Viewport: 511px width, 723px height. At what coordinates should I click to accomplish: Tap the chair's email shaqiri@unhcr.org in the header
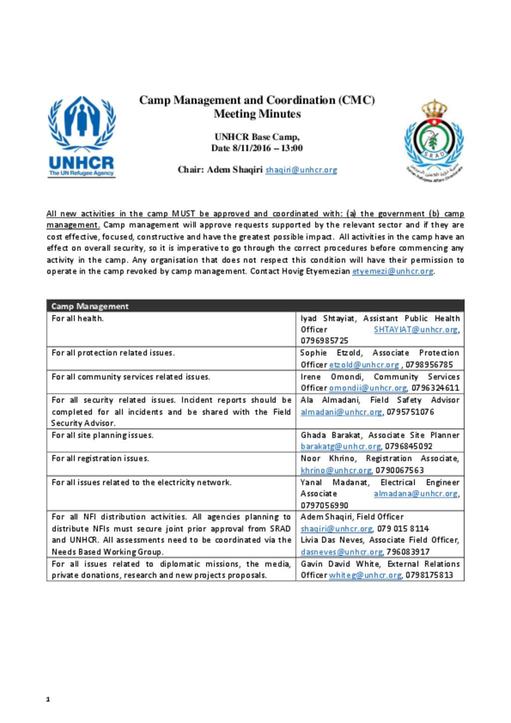click(x=301, y=170)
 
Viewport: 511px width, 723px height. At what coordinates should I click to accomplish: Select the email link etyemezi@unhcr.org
click(x=392, y=271)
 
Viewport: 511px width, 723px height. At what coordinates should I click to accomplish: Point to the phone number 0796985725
click(x=324, y=341)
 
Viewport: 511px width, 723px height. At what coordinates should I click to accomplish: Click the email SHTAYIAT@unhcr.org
click(x=416, y=329)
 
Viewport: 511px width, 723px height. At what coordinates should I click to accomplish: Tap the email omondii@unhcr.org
click(x=368, y=388)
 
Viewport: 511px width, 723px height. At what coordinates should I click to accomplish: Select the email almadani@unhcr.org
click(x=341, y=412)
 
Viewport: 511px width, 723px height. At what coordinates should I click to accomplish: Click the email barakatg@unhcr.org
click(x=341, y=447)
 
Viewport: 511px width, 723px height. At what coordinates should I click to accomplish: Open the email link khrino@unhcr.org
click(x=336, y=471)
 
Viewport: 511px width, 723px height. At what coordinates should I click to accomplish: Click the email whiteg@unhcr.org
click(x=365, y=575)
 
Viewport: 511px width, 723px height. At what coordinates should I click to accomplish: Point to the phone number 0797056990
click(x=324, y=505)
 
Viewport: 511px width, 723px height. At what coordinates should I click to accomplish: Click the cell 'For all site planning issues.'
click(x=103, y=436)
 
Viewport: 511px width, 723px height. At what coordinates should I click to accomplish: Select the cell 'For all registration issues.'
click(x=100, y=459)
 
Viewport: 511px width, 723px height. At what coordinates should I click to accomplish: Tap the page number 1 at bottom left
click(x=48, y=699)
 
